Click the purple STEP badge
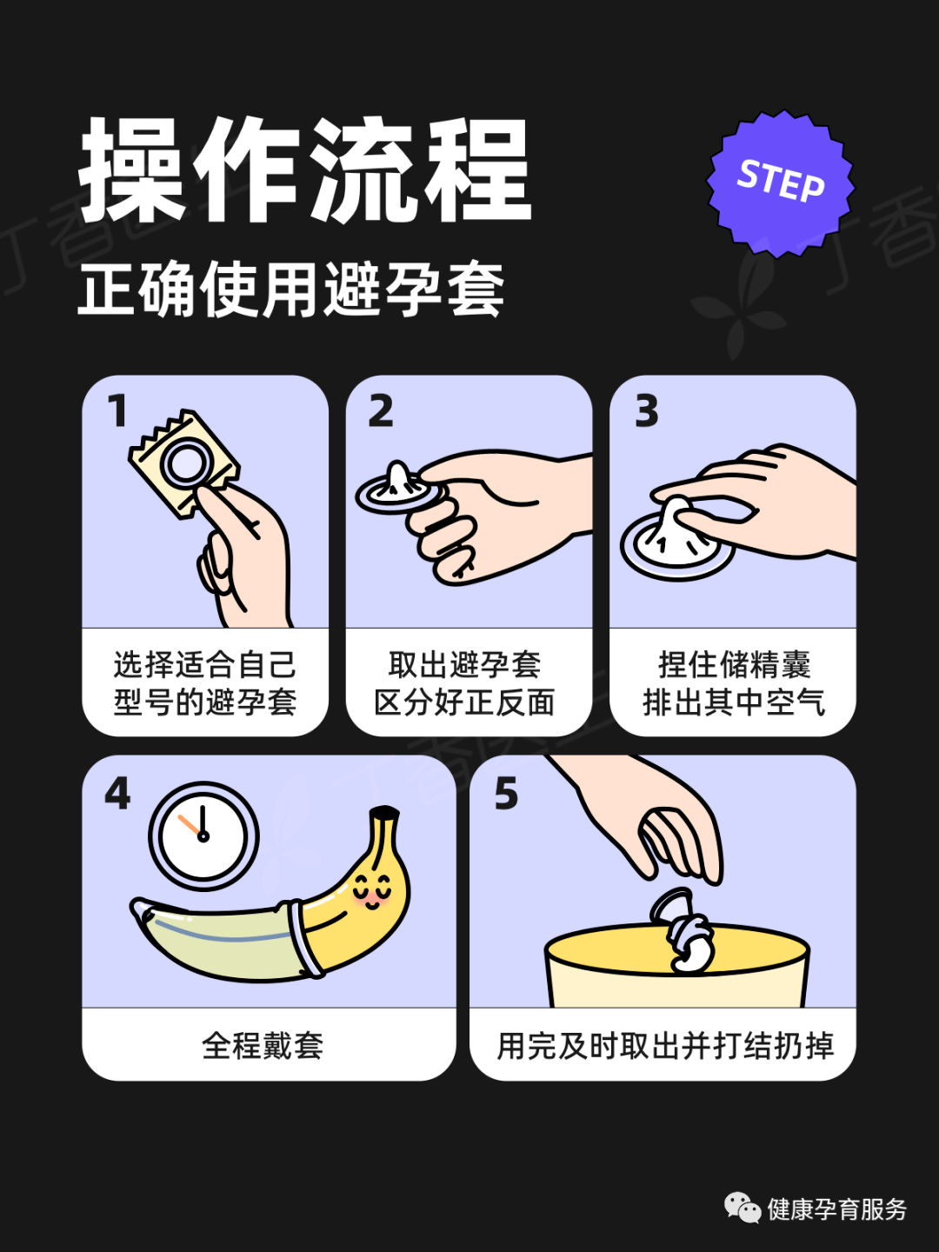780,183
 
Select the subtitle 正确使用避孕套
291,290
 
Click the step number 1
118,411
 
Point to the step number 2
381,411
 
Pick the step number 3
647,411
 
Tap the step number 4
117,794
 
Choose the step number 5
506,794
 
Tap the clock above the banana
203,836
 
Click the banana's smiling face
372,891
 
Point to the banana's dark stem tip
383,816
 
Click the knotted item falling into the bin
687,935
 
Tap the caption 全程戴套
263,1045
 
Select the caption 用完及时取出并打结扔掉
665,1045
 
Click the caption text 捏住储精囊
734,665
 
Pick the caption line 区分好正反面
464,703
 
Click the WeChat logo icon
743,1208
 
